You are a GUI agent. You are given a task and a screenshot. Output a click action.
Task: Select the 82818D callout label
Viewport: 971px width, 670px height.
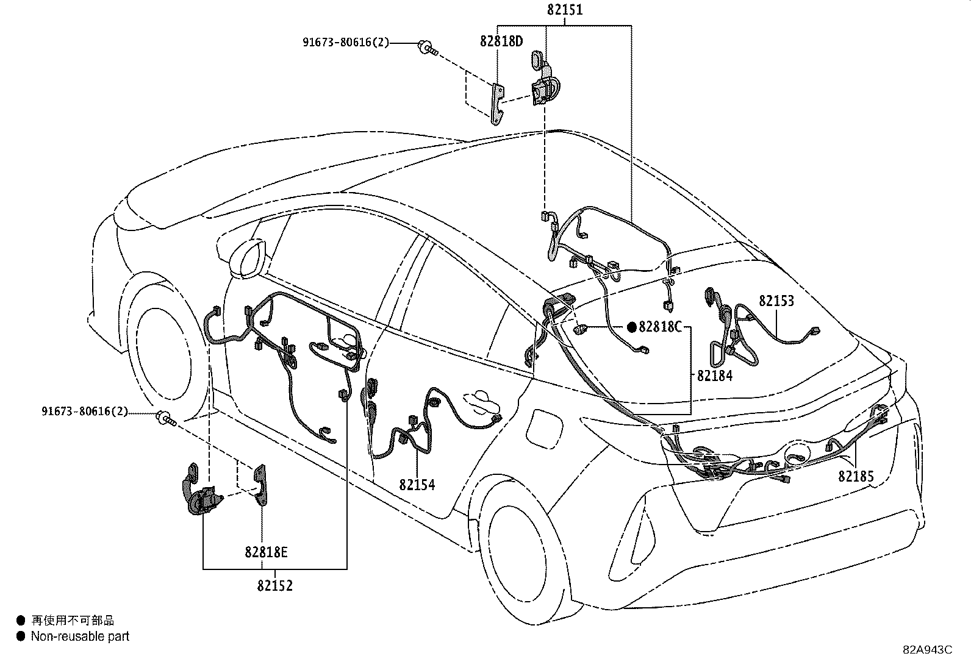coord(501,41)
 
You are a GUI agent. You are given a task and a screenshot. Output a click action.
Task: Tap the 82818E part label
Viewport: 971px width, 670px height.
coord(266,552)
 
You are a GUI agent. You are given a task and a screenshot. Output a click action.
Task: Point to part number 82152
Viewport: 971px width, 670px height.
coord(274,586)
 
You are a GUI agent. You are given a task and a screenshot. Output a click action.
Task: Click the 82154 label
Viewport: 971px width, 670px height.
coord(417,485)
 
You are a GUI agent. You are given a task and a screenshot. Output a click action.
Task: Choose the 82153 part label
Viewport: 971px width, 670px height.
coord(776,301)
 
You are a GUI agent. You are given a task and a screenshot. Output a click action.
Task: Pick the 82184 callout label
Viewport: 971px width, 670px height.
coord(714,376)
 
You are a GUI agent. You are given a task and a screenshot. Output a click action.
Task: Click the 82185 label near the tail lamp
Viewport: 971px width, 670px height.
coord(856,476)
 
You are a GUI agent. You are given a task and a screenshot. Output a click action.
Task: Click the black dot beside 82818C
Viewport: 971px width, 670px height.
coord(632,327)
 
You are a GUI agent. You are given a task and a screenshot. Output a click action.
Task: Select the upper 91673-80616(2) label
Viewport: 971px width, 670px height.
coord(345,43)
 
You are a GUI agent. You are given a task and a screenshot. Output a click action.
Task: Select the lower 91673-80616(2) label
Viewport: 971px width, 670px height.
coord(85,412)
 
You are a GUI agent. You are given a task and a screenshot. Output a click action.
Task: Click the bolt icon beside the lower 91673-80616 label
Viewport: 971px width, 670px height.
coord(165,418)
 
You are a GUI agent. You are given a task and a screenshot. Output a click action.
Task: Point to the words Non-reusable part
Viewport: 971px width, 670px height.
coord(80,636)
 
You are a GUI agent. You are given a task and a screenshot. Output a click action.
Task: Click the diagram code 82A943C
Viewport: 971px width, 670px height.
coord(927,649)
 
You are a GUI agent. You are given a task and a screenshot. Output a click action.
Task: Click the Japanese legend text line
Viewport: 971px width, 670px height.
coord(73,621)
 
